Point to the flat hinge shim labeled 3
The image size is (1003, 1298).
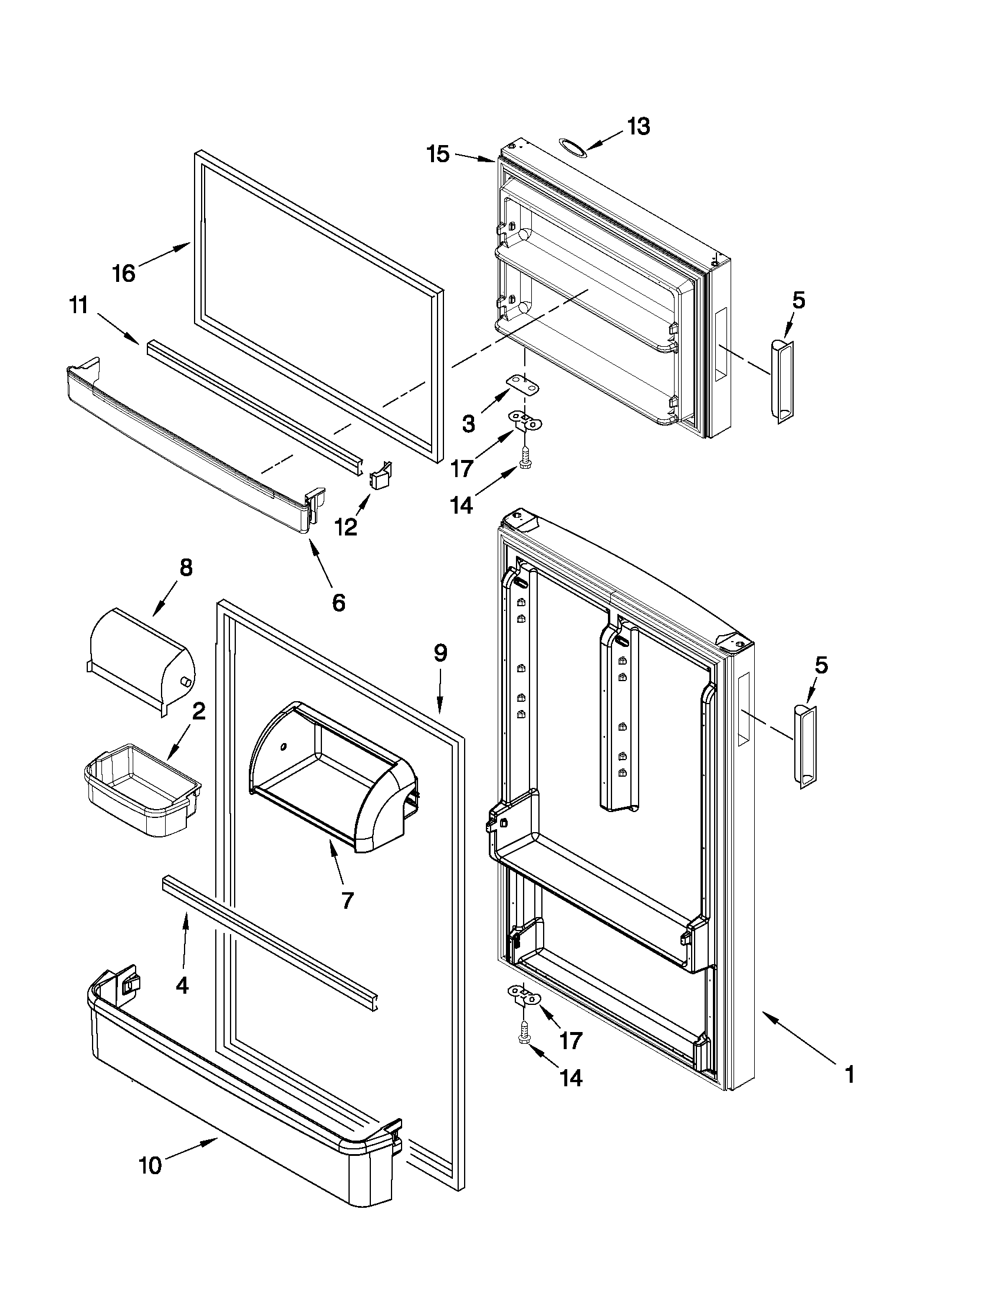524,385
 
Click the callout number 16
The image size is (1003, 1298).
124,274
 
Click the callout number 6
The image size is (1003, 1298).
338,603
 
